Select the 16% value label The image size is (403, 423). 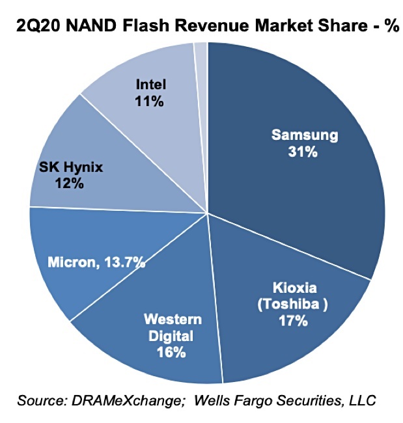pos(171,353)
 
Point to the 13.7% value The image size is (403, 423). pos(123,263)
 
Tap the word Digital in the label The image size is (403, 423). pos(171,336)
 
